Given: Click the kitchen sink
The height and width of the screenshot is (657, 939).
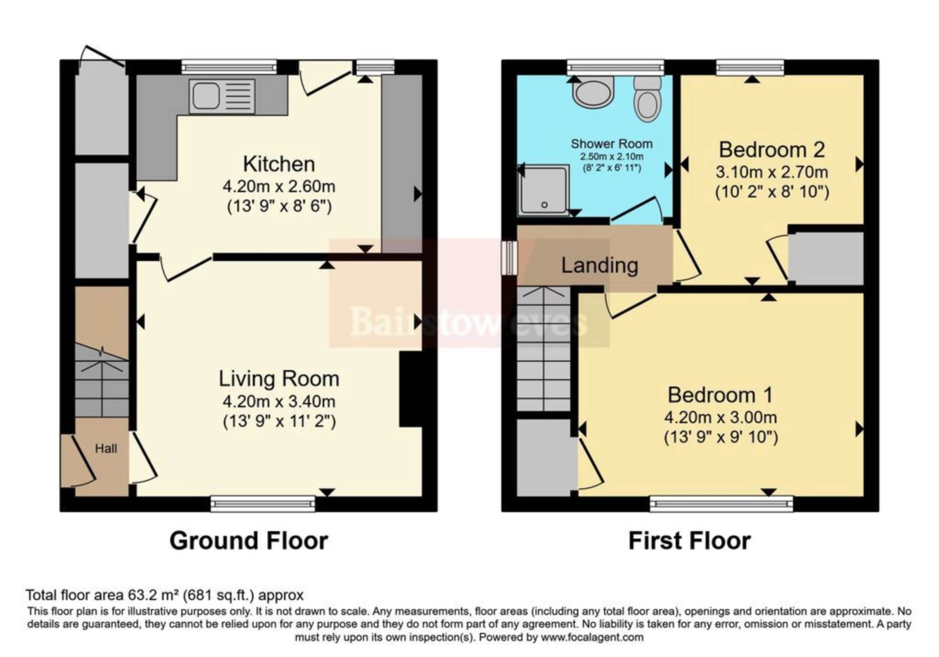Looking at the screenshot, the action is [222, 96].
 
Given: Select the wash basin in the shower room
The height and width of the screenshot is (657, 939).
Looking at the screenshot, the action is [593, 93].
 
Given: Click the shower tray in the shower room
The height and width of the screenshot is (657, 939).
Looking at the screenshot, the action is [544, 190].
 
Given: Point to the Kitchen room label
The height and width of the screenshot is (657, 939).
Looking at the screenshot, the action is [279, 164].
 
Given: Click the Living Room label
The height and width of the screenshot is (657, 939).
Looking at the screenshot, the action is [279, 379].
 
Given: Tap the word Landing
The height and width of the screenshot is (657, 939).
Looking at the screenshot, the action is [600, 265].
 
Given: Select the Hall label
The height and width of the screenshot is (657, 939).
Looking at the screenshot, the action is [106, 448].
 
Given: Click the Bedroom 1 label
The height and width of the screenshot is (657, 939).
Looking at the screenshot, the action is [720, 395].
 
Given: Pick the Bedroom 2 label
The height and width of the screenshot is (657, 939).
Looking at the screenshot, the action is [772, 150].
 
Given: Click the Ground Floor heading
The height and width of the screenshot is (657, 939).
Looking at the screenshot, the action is [249, 541].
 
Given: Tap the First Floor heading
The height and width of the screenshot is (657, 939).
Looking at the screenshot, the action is [690, 541].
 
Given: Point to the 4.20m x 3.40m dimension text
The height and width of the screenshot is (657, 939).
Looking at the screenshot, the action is [279, 401].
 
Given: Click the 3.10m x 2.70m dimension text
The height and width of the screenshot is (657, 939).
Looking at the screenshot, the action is [772, 172].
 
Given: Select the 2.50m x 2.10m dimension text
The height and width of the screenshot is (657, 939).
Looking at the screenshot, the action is [612, 156].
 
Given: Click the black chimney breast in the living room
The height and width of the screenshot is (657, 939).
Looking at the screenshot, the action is [411, 389].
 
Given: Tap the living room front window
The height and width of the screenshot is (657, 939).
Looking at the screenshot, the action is [263, 504].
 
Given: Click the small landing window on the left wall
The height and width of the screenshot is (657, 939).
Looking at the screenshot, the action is [510, 258].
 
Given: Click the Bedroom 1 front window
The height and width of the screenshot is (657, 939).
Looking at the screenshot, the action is [721, 504].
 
